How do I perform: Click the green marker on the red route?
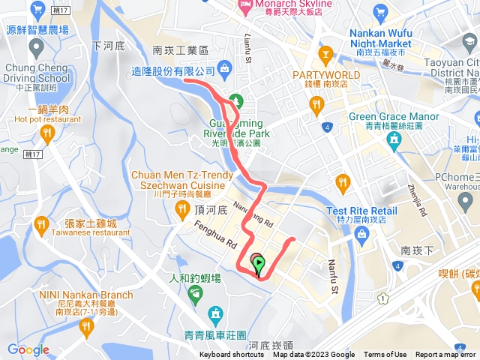click(x=259, y=265)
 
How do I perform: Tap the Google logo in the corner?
click(x=28, y=349)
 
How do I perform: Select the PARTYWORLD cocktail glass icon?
click(x=325, y=53)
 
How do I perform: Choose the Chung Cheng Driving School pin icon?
click(x=34, y=49)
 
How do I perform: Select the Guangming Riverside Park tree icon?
click(x=236, y=100)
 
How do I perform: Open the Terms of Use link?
click(x=385, y=355)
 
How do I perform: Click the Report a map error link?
click(x=447, y=355)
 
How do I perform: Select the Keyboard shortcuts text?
click(x=232, y=355)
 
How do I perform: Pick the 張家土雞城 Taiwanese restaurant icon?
click(x=42, y=223)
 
